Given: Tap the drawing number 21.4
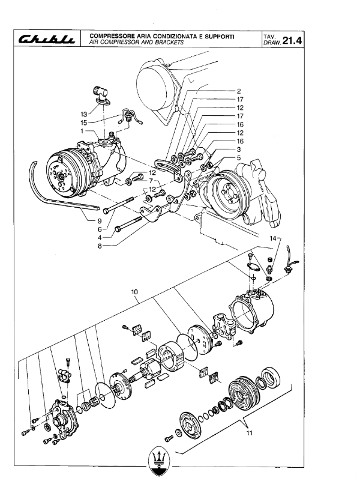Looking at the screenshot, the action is coord(292,40).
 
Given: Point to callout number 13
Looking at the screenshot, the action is coord(83,114).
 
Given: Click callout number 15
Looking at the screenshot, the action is coord(83,122).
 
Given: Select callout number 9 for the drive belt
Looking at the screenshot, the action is coord(99,220).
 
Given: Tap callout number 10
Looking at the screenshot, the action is coord(134,292).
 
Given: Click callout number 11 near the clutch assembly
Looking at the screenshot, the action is coord(250,433).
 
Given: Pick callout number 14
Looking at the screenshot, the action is coord(273,238).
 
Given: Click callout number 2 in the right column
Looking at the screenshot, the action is coord(239,91).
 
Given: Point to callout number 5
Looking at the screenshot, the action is coord(239,157).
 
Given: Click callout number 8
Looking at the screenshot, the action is coord(100,246).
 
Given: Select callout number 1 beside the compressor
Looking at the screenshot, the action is coord(82,131).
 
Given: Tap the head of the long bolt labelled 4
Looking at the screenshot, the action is coord(118,229).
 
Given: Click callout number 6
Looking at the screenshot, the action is coord(100,229).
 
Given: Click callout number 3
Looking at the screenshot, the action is coord(239,150).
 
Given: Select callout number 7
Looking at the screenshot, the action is coord(151,181).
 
